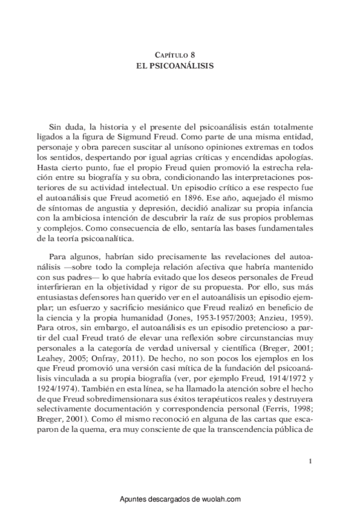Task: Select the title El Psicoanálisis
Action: point(180,65)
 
